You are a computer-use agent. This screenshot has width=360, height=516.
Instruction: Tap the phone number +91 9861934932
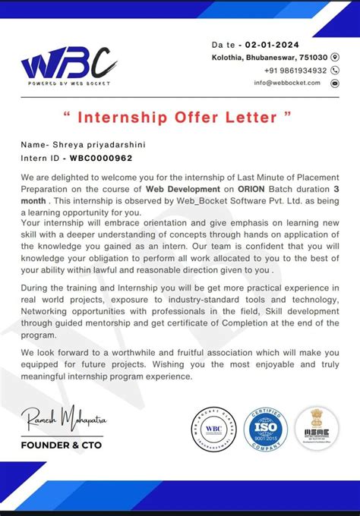point(291,70)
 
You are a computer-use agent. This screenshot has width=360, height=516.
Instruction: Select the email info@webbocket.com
point(287,83)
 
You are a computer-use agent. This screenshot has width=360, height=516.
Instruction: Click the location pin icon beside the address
point(336,58)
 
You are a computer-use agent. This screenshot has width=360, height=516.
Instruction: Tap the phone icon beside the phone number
point(336,70)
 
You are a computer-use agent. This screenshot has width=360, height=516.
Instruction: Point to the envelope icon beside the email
point(336,83)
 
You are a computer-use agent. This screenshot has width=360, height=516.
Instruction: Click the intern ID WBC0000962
point(101,158)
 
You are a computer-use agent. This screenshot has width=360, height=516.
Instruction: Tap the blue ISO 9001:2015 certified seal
point(266,428)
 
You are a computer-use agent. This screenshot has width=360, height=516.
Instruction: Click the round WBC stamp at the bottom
point(215,428)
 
